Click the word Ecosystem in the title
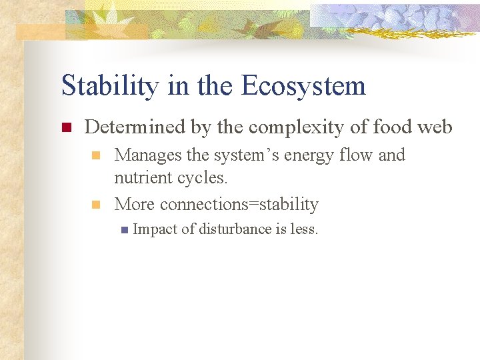[303, 86]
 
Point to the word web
[435, 127]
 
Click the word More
[135, 204]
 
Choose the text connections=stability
[239, 204]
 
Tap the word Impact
[155, 229]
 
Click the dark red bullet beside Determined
[65, 127]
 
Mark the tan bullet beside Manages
[96, 156]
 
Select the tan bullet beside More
[96, 205]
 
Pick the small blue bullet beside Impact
[123, 230]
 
